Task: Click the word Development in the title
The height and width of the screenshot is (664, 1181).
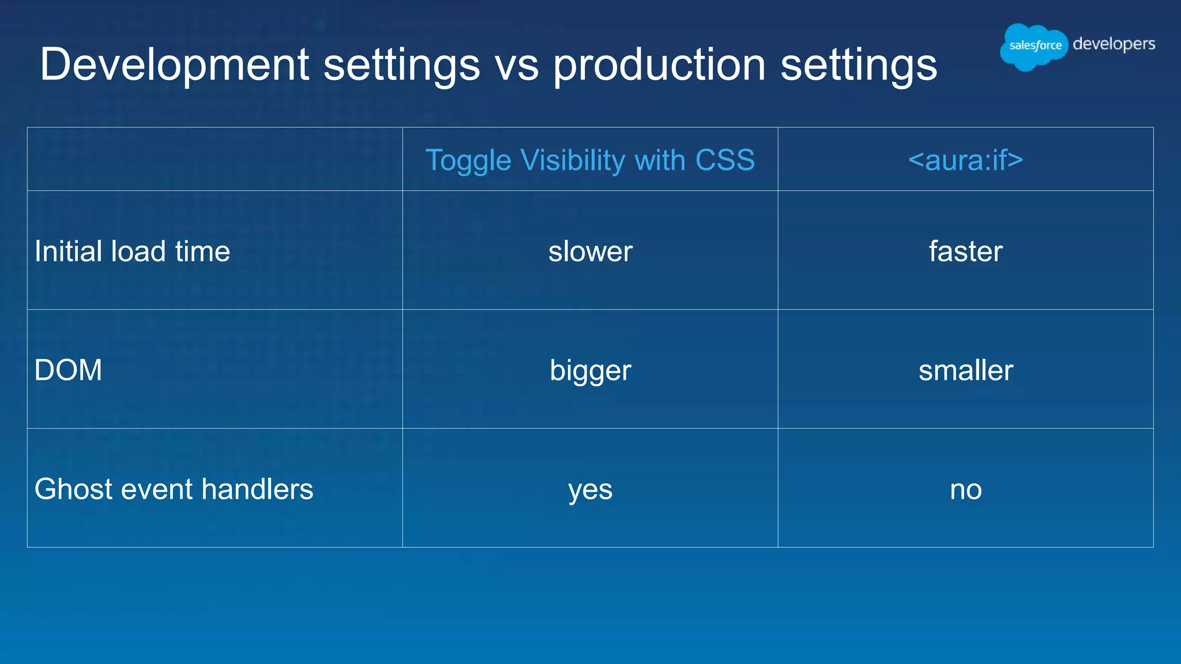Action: (x=175, y=65)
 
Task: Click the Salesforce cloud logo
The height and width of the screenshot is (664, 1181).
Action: (x=1033, y=46)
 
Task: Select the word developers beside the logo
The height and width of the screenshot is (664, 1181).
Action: (x=1114, y=44)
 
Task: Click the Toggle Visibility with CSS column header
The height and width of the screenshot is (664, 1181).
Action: (x=590, y=160)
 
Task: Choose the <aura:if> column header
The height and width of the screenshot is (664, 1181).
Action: (x=965, y=160)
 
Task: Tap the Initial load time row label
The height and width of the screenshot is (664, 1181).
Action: (x=132, y=251)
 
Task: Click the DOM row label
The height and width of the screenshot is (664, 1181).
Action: (x=68, y=370)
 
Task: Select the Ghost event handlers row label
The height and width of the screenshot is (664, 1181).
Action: (x=174, y=489)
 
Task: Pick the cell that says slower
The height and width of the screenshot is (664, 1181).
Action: (x=590, y=251)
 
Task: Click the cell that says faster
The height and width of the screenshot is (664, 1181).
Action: (x=965, y=251)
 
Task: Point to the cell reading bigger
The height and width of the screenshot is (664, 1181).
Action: (x=590, y=371)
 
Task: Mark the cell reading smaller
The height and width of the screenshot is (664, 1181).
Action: (x=965, y=371)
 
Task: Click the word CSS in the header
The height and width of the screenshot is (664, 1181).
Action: (x=725, y=160)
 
